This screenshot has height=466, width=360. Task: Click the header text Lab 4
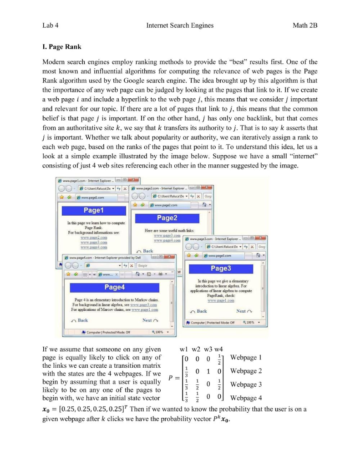click(50, 25)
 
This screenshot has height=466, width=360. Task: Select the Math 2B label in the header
click(305, 25)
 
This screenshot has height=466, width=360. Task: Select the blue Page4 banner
click(114, 287)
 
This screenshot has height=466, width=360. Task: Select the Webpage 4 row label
click(246, 398)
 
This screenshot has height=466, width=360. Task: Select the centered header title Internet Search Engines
click(180, 25)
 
